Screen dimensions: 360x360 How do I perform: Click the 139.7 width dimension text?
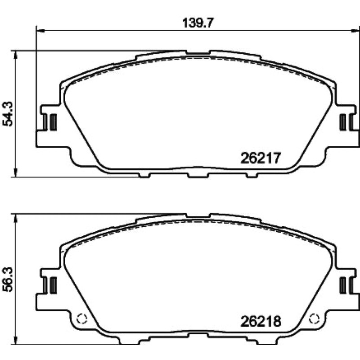pos(198,23)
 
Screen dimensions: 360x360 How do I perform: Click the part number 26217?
pos(261,158)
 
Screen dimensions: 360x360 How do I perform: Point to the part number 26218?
pos(261,321)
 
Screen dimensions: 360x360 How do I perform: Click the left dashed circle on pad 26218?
pos(82,319)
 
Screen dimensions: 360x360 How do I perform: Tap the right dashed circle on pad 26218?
pos(314,319)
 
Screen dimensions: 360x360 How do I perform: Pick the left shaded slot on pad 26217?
pos(53,122)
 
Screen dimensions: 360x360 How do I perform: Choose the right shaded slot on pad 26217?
pos(343,122)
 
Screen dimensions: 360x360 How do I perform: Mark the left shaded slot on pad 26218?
pos(53,285)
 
